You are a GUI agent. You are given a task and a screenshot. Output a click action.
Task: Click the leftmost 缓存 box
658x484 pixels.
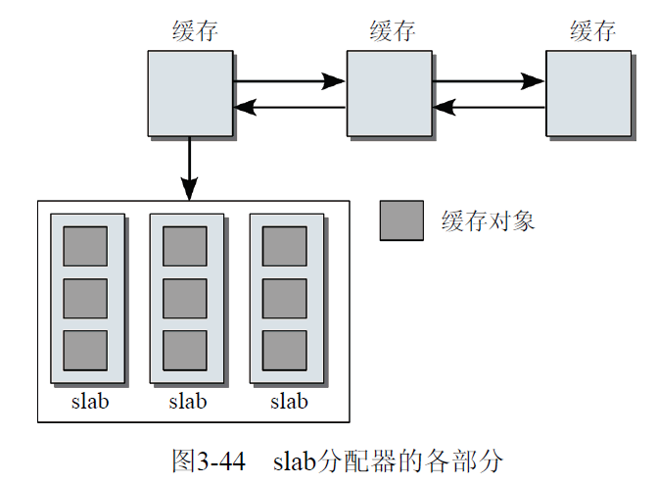pyautogui.click(x=190, y=93)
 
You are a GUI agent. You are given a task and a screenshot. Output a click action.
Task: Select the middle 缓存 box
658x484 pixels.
pyautogui.click(x=389, y=93)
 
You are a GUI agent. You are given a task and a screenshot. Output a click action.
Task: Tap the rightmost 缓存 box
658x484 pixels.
pyautogui.click(x=587, y=93)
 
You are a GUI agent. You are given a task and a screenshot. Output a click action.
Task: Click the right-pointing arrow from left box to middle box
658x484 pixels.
pyautogui.click(x=290, y=81)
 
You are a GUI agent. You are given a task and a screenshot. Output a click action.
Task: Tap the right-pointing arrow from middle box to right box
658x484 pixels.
pyautogui.click(x=489, y=81)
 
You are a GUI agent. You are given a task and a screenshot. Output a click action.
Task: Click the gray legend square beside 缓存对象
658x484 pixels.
pyautogui.click(x=401, y=220)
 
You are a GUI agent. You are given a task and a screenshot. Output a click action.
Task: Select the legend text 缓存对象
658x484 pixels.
pyautogui.click(x=489, y=221)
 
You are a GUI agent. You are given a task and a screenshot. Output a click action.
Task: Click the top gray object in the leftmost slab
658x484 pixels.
pyautogui.click(x=85, y=246)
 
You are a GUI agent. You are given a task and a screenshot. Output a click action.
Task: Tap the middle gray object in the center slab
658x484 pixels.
pyautogui.click(x=185, y=298)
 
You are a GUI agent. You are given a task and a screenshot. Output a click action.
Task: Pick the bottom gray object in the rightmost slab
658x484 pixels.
pyautogui.click(x=285, y=350)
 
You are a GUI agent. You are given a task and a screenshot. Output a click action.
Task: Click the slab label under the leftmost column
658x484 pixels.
pyautogui.click(x=89, y=401)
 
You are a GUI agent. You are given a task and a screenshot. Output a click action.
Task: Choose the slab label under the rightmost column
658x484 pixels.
pyautogui.click(x=289, y=401)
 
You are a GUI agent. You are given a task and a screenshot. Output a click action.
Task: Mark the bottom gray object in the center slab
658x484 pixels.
pyautogui.click(x=185, y=350)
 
